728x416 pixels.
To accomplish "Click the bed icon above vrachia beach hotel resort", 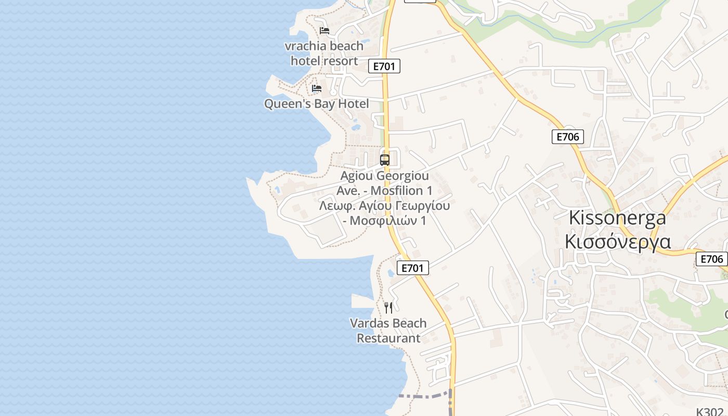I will click(324, 31).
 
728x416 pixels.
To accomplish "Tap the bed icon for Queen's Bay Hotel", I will click(317, 88).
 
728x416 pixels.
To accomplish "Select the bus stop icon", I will click(385, 160).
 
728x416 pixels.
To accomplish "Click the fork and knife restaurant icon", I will click(388, 308).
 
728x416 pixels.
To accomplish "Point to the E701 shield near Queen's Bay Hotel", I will click(384, 66).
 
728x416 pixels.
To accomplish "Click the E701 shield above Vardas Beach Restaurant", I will click(413, 268).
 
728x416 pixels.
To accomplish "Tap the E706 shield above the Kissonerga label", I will click(567, 137).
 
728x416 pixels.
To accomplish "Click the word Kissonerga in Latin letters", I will click(617, 217).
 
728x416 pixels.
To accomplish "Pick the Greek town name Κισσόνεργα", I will click(617, 242).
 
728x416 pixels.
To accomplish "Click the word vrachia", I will click(305, 46).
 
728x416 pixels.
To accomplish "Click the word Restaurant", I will click(388, 338).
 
